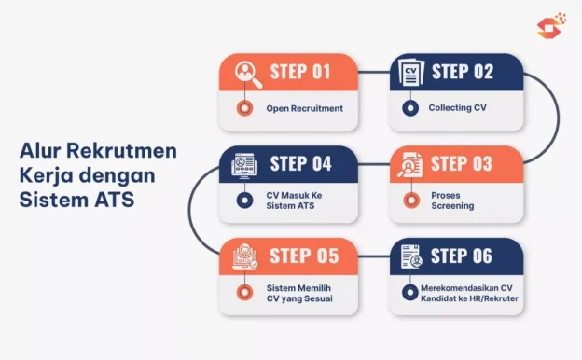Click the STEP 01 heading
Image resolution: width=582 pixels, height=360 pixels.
point(300,72)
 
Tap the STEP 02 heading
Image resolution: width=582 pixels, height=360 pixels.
point(463,72)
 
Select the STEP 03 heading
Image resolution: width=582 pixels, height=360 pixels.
point(462,164)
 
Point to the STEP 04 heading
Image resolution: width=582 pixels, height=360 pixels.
point(300,164)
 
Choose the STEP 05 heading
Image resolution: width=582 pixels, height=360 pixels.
point(300,256)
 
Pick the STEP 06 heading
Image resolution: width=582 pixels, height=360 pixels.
point(463,256)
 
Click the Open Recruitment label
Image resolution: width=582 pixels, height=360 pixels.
point(304,108)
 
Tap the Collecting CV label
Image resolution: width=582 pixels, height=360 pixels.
point(457,108)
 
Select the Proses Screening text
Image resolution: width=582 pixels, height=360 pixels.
point(451,201)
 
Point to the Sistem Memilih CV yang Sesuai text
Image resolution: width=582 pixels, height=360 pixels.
point(298,293)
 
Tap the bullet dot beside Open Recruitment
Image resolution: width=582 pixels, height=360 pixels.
point(245,108)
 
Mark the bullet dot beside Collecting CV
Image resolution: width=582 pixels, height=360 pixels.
point(409,108)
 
